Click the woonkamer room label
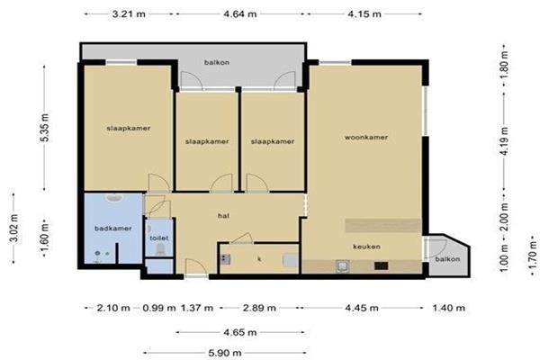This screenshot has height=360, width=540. coord(366,137)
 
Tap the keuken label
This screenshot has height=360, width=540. coord(366,247)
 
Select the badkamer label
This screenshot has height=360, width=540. coord(113,229)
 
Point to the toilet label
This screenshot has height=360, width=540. coord(158,238)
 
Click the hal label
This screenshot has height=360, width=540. coord(223,216)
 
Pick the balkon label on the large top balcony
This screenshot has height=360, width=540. coord(217,62)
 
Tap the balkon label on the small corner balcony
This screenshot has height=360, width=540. coord(447,259)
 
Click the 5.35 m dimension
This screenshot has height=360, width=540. coord(45,127)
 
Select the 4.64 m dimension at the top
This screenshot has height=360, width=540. coord(240,14)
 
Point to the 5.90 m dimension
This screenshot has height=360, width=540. coord(225,353)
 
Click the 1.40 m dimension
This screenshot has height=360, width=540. coord(448,308)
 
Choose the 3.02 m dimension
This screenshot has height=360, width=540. coord(14,228)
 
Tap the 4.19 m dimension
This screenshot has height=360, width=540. coord(504,141)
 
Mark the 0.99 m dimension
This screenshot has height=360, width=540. coord(159,308)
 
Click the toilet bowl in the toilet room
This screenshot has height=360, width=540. coord(160,248)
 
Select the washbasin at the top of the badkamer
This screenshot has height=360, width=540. coord(114,198)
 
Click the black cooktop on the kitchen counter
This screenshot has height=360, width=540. coord(382,265)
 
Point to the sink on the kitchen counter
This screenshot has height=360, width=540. coord(343,266)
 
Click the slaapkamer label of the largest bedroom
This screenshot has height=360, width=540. coord(129,128)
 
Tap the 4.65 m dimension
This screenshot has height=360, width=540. coord(240,332)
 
